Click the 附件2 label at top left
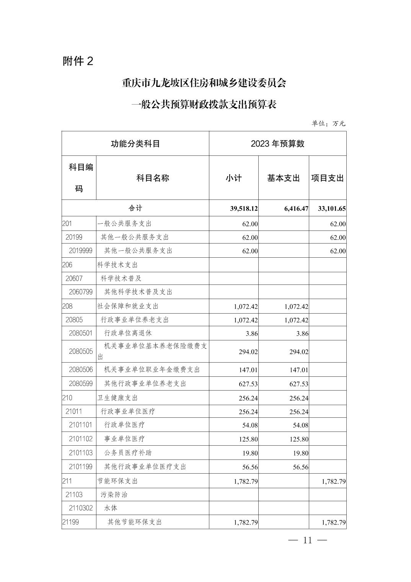pos(78,61)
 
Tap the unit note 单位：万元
pos(328,123)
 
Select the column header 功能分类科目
pos(135,144)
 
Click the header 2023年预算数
pos(277,144)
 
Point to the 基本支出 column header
pos(283,178)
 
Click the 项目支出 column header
pos(327,178)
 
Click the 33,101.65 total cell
pos(332,209)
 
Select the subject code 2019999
pos(81,251)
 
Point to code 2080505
pos(81,351)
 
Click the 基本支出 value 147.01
pos(299,370)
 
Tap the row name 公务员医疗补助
pos(128,453)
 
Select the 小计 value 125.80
pos(248,439)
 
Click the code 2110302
pos(81,508)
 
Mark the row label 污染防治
pos(114,494)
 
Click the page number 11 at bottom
pos(308,540)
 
